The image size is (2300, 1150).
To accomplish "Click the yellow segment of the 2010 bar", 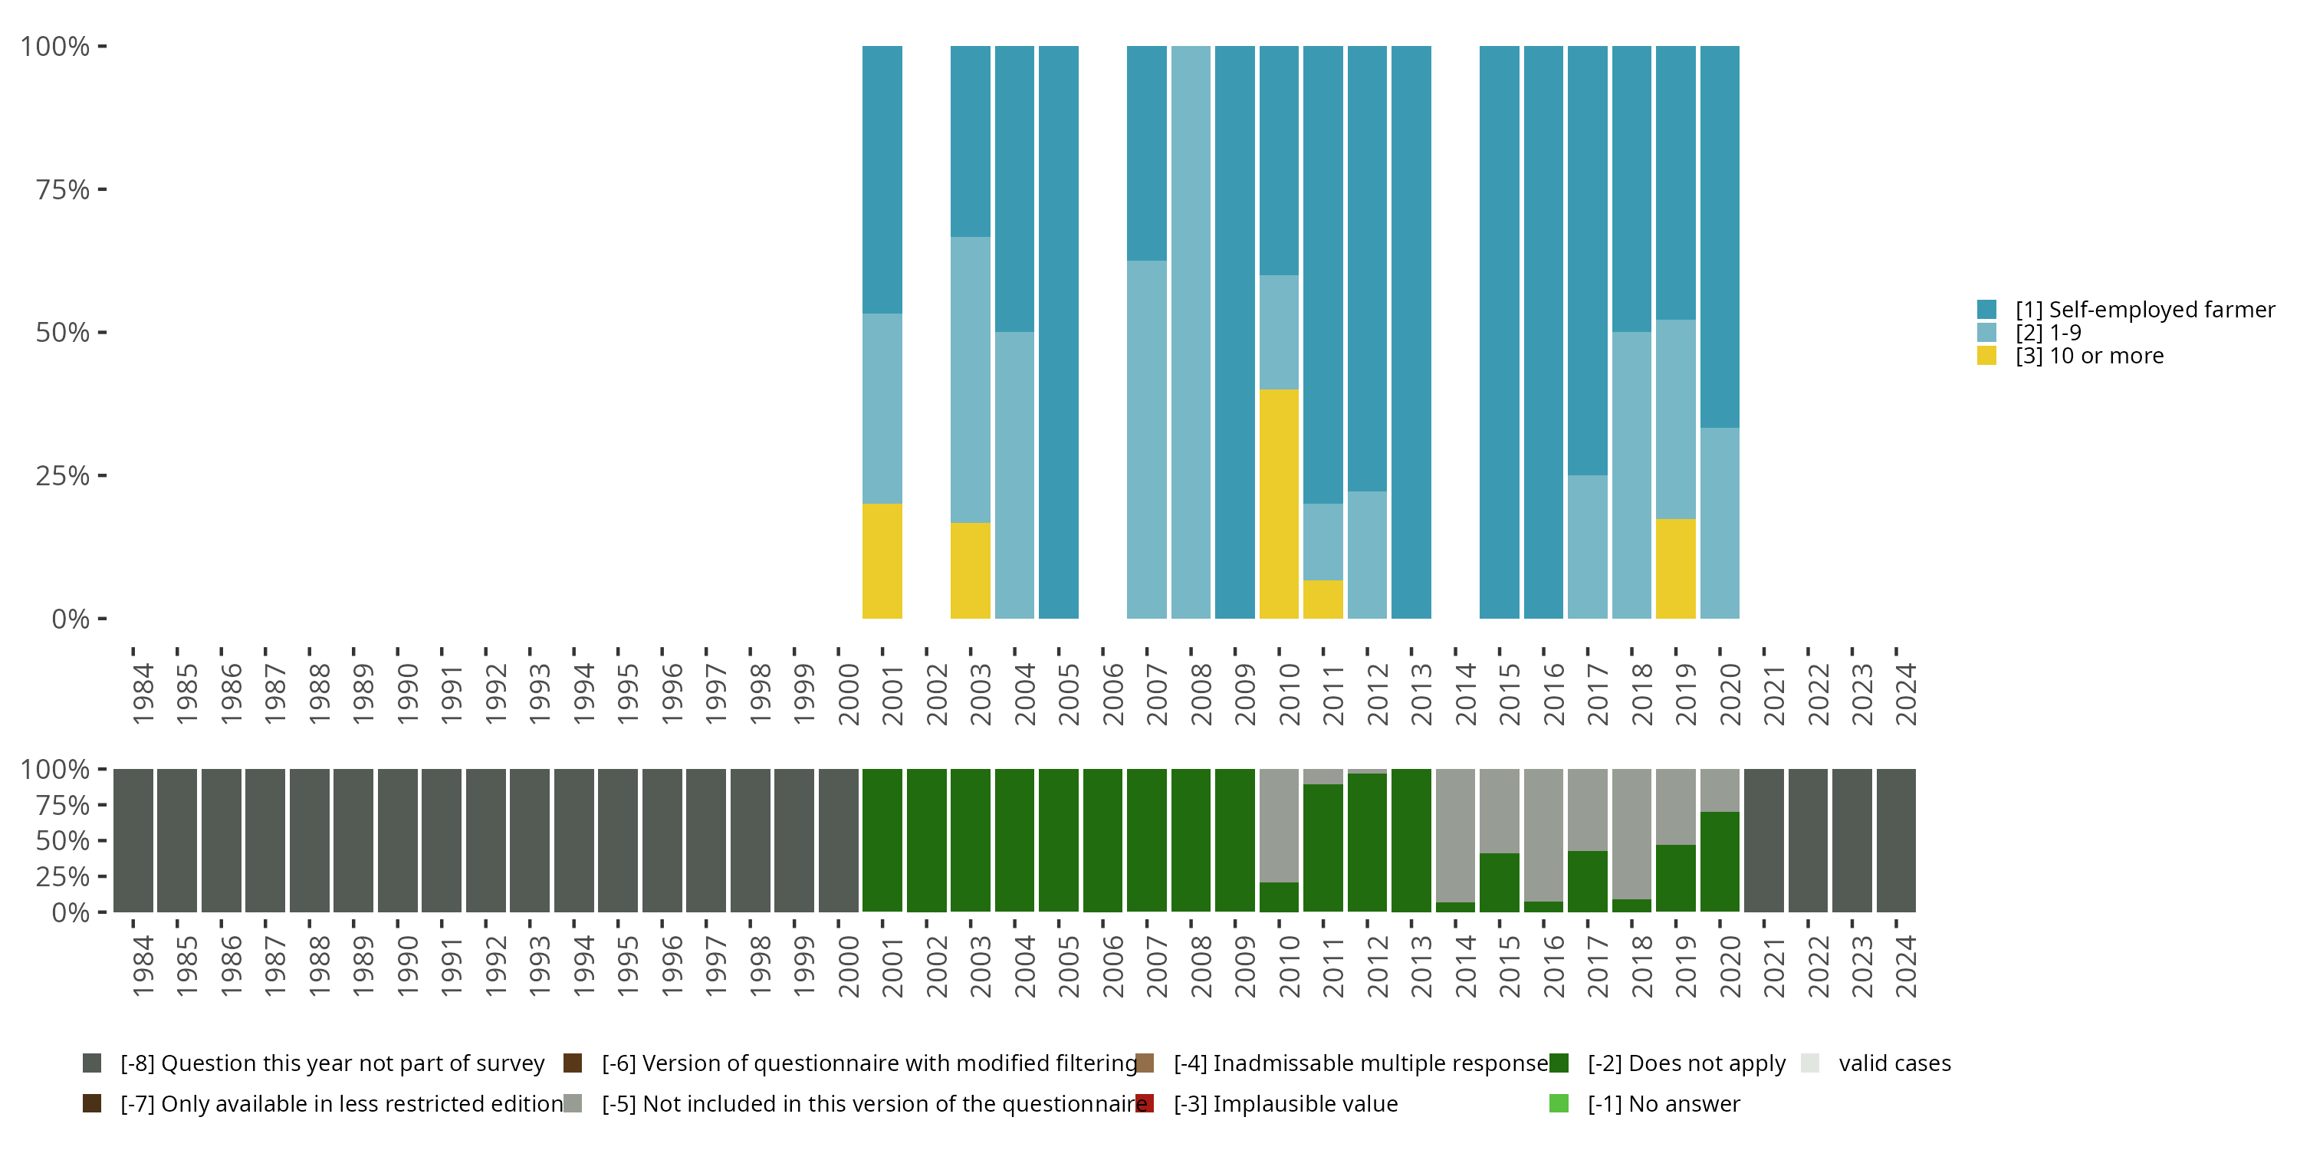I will pyautogui.click(x=1279, y=504).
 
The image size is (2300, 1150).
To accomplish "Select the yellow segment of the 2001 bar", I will pyautogui.click(x=882, y=560).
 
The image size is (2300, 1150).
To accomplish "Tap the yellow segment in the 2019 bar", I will pyautogui.click(x=1675, y=569).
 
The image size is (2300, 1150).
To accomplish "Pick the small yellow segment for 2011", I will pyautogui.click(x=1323, y=599).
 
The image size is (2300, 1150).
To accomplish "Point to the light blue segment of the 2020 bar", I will pyautogui.click(x=1720, y=523).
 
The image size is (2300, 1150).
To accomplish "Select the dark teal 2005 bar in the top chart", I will pyautogui.click(x=1059, y=332).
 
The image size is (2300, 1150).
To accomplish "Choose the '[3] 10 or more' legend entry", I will pyautogui.click(x=2089, y=356).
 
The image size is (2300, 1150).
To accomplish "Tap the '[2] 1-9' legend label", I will pyautogui.click(x=2049, y=333).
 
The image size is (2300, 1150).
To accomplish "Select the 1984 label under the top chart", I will pyautogui.click(x=143, y=694).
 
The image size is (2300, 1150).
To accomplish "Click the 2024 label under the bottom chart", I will pyautogui.click(x=1905, y=966).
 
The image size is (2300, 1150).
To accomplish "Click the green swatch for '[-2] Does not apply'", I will pyautogui.click(x=1559, y=1063).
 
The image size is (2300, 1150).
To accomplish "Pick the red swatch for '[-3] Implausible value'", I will pyautogui.click(x=1145, y=1103).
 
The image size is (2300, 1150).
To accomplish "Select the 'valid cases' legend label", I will pyautogui.click(x=1894, y=1063).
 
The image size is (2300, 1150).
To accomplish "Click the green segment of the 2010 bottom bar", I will pyautogui.click(x=1279, y=897).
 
